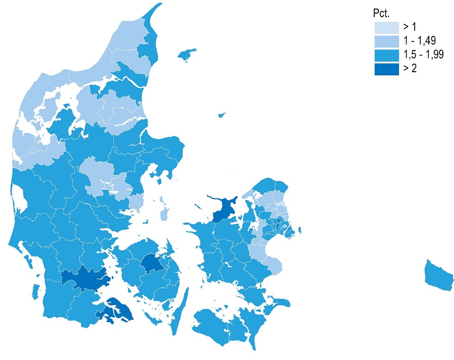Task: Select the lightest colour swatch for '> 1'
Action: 386,27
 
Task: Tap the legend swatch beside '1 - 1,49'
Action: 386,41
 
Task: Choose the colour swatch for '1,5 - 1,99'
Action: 386,55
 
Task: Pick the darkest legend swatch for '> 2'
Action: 386,69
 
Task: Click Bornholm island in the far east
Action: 437,276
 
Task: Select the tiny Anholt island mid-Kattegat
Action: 221,115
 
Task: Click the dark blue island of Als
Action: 115,310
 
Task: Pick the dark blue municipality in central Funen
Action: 150,263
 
